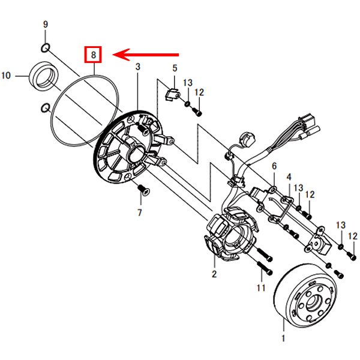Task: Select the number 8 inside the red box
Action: (x=93, y=55)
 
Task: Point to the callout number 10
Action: (x=7, y=76)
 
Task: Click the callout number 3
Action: (x=137, y=68)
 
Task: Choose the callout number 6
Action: (x=274, y=166)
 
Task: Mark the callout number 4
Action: (x=289, y=177)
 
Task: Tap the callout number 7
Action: (x=140, y=212)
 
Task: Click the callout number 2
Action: (x=214, y=274)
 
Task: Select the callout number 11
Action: (x=261, y=288)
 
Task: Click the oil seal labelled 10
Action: (x=43, y=76)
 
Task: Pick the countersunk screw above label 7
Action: (x=143, y=191)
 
